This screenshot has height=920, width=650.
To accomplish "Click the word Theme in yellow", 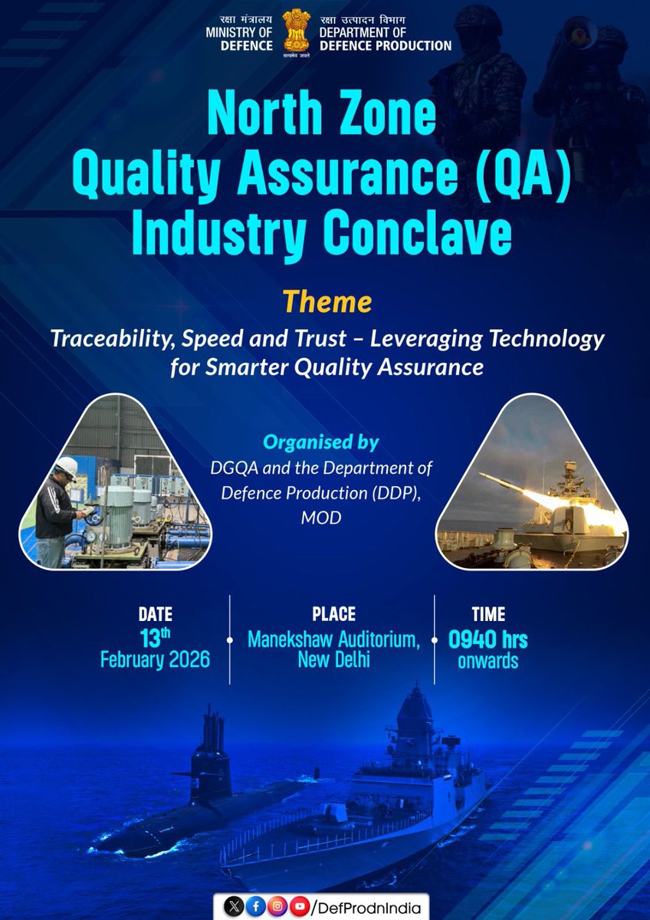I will point(327,301).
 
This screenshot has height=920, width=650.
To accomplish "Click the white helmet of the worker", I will point(67,467).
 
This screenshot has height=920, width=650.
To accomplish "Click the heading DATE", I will point(155,614).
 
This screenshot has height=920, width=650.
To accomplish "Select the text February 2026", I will point(155,659).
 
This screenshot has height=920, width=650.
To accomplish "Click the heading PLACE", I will point(333,614).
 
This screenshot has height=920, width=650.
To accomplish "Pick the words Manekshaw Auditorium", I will point(333,639).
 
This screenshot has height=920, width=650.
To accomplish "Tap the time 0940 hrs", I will point(488,639).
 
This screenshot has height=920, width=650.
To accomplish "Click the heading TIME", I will point(488,614).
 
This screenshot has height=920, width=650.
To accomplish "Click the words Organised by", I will point(320,442).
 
